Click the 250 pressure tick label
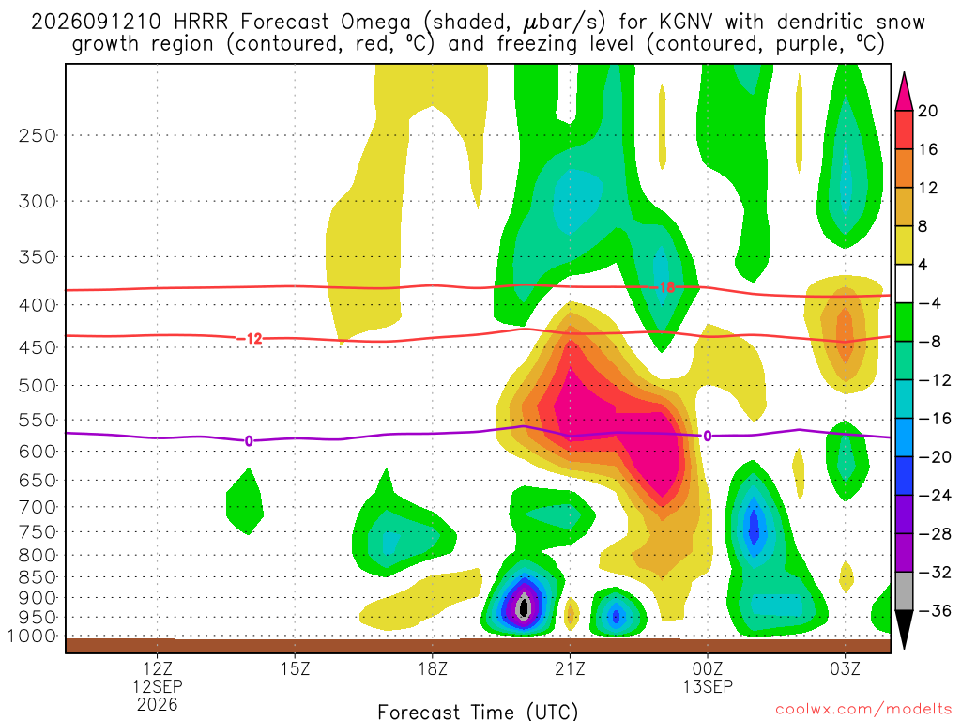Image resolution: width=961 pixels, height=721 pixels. click(38, 135)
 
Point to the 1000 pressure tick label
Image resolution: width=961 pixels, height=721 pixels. click(33, 636)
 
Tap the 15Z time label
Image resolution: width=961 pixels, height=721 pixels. click(295, 668)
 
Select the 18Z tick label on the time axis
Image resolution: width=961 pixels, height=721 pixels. click(433, 668)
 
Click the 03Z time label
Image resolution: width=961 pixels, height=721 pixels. click(846, 668)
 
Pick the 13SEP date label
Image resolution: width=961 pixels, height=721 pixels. click(708, 686)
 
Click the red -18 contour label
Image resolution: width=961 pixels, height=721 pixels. click(662, 287)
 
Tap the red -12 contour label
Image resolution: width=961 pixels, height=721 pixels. click(250, 338)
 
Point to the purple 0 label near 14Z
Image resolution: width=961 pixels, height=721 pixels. click(248, 441)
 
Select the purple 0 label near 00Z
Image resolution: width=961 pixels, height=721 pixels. click(708, 436)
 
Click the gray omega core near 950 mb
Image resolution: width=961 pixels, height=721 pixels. click(524, 607)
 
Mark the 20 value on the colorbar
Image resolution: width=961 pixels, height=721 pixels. click(927, 111)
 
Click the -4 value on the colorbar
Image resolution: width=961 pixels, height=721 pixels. click(929, 303)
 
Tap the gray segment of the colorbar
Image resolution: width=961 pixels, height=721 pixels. click(904, 591)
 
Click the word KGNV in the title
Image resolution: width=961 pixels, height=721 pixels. click(686, 23)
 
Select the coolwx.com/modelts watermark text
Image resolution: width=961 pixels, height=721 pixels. click(863, 710)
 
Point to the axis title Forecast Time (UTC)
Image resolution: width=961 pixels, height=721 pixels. click(478, 712)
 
